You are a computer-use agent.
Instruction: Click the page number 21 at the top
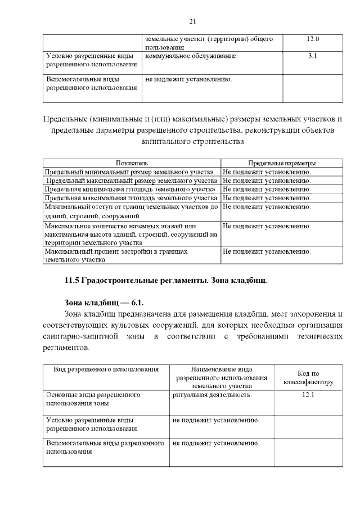point(192,21)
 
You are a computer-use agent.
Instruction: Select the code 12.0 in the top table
point(313,39)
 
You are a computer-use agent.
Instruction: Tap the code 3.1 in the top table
point(313,56)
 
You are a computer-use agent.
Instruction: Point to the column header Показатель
point(132,163)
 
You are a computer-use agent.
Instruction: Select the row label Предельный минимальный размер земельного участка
point(129,172)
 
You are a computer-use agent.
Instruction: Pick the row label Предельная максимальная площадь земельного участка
point(130,198)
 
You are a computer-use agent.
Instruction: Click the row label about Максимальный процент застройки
point(116,255)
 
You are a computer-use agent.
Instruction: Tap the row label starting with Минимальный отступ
point(130,211)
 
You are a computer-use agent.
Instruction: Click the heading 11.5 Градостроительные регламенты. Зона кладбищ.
point(165,280)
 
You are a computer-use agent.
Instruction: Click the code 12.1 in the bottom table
point(307,395)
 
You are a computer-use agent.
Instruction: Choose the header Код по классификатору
point(307,377)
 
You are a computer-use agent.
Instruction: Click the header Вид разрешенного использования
point(106,369)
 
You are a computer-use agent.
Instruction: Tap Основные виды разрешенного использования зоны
point(93,399)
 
